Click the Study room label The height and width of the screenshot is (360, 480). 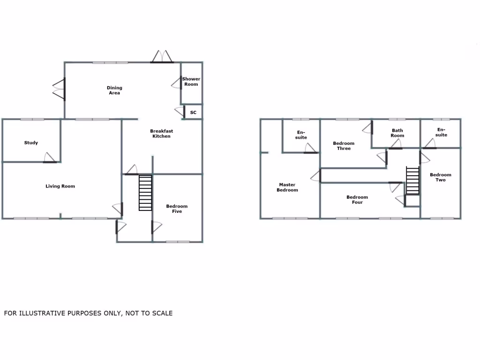click(31, 143)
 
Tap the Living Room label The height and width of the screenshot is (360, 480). click(60, 187)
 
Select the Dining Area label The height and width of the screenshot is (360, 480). click(114, 90)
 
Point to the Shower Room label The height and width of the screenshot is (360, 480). click(191, 82)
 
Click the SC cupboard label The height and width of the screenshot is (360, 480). click(193, 112)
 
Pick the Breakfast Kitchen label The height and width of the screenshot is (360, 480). click(161, 134)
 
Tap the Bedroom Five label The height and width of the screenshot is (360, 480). click(177, 209)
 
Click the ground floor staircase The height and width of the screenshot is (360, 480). click(145, 193)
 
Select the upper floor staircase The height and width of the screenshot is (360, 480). click(412, 180)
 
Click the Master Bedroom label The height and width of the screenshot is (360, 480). click(287, 187)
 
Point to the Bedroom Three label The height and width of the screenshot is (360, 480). click(344, 146)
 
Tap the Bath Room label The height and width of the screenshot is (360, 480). click(397, 133)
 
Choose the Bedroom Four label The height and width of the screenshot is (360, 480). click(357, 200)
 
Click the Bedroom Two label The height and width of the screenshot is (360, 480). click(441, 177)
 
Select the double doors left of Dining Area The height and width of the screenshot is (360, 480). click(59, 89)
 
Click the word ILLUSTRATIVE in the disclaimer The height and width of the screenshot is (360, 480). click(42, 313)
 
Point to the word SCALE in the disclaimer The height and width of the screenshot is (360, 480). click(162, 313)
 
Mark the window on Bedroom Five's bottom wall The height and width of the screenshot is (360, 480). click(178, 242)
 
